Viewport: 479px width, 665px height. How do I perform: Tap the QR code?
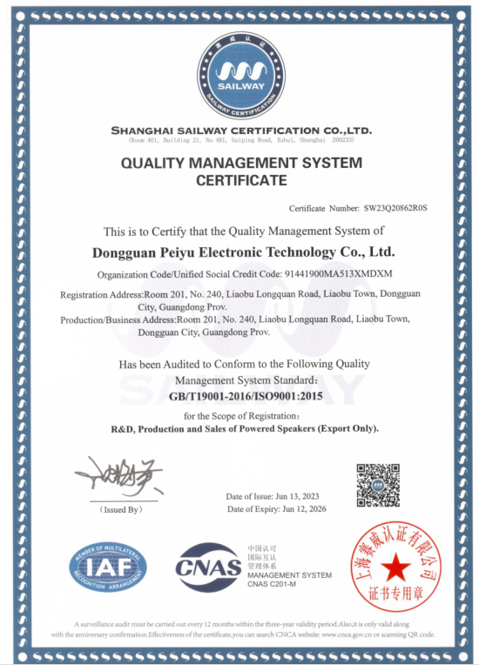378,485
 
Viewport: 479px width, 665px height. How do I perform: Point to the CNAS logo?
209,567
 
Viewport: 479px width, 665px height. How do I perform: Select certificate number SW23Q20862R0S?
397,209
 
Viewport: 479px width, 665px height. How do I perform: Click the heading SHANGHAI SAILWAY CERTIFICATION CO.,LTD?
241,131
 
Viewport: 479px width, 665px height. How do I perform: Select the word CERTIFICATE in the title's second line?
241,181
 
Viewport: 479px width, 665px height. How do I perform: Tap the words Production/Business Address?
118,319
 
